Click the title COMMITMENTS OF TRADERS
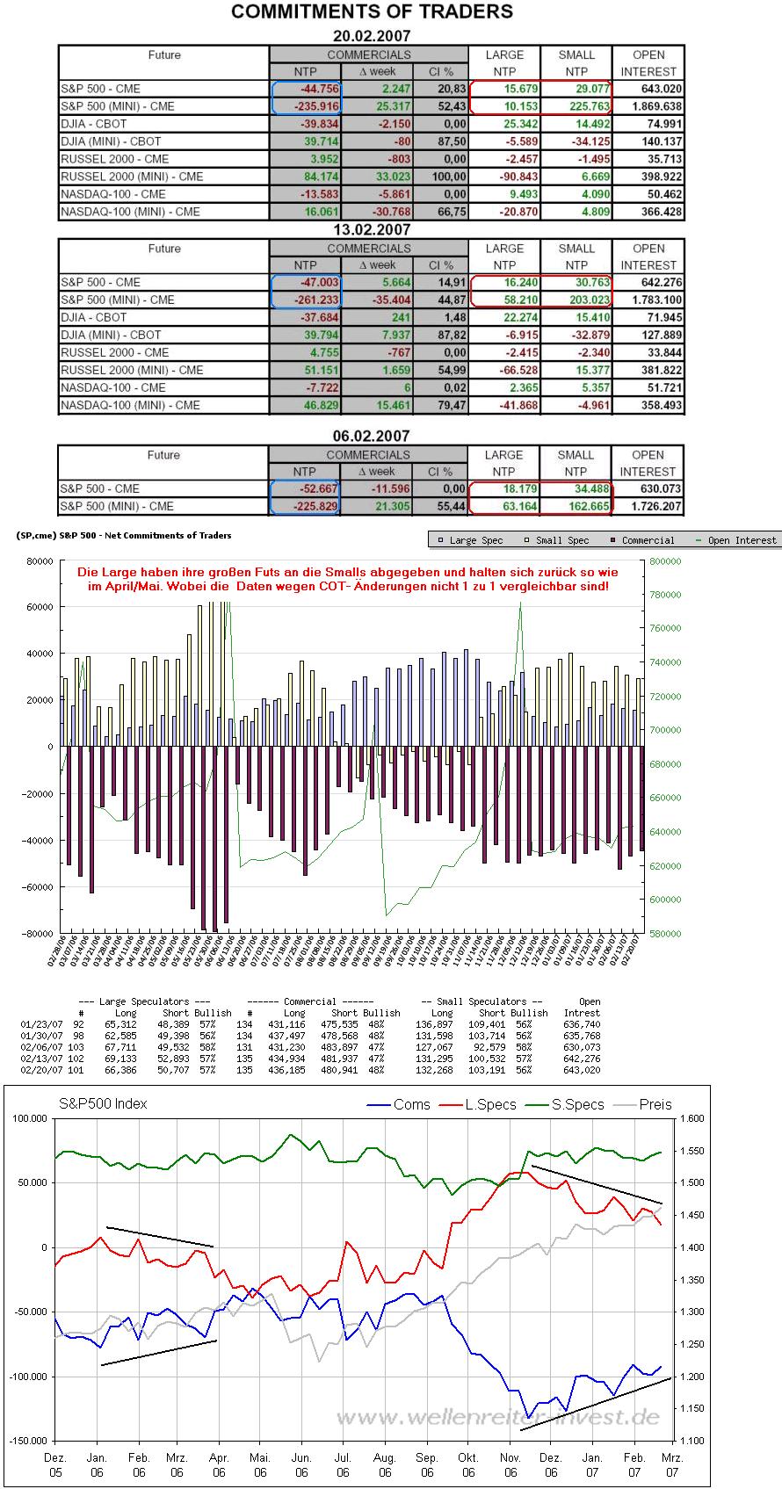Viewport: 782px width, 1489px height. [372, 12]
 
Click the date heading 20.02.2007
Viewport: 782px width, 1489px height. [372, 36]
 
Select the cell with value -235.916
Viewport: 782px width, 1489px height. [307, 106]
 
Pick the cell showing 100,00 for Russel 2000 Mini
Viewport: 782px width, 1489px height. [439, 177]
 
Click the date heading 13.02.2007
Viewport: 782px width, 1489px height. [372, 230]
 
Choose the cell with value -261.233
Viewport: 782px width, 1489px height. [307, 300]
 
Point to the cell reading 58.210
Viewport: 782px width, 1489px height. [504, 300]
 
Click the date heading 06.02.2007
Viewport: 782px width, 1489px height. [372, 436]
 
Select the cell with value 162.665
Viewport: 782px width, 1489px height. [576, 506]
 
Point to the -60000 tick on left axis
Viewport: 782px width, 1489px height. [37, 887]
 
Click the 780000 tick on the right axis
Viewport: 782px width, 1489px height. [665, 595]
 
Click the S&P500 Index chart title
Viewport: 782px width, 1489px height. [103, 1103]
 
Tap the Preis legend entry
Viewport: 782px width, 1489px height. [648, 1105]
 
